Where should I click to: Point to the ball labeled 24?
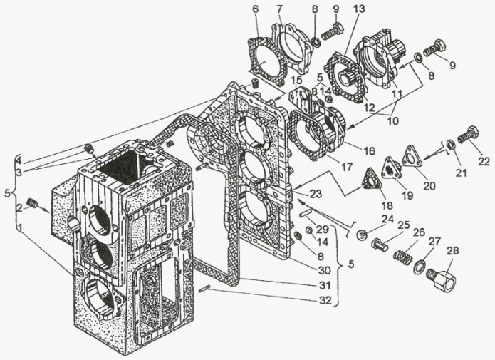[362, 235]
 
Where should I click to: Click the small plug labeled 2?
[31, 205]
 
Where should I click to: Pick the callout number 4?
[18, 158]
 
